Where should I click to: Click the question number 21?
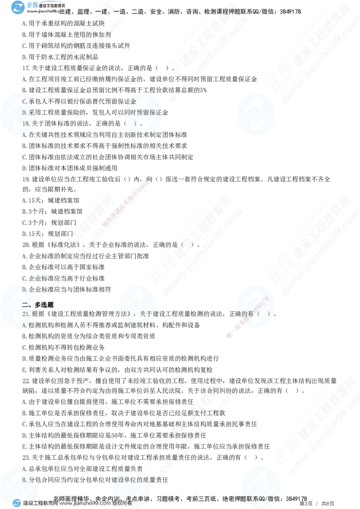pos(25,314)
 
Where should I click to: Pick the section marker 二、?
pos(27,304)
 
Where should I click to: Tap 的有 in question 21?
pos(257,314)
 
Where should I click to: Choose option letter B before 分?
pos(24,480)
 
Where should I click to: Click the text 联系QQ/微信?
pos(261,498)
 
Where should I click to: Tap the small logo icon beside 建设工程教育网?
pos(17,503)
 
